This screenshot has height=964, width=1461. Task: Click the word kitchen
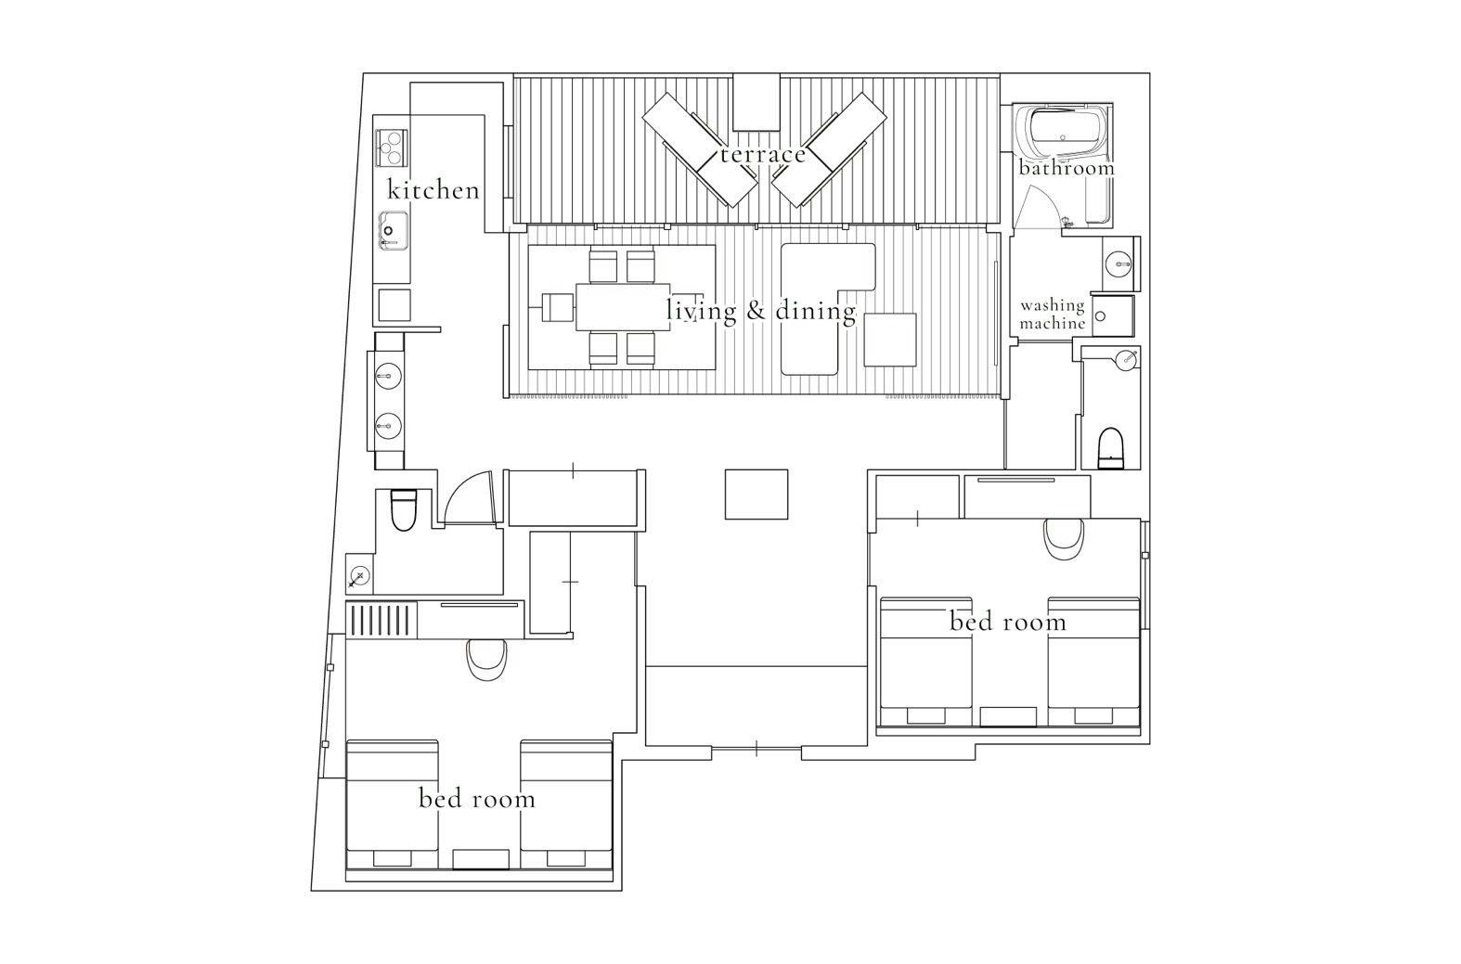[x=433, y=189]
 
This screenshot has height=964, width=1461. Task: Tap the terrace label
[x=763, y=154]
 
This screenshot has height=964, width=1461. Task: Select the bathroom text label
[x=1067, y=168]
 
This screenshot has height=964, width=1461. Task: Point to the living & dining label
[x=761, y=310]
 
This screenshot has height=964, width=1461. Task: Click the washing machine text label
[x=1053, y=315]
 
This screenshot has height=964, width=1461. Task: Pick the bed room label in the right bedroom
[x=1008, y=622]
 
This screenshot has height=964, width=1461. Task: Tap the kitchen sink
[x=394, y=230]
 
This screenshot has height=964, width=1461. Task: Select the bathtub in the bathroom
[x=1063, y=133]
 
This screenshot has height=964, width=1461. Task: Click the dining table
[x=623, y=306]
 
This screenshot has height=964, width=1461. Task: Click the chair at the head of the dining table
[x=558, y=308]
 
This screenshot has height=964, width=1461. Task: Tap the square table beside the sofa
[x=890, y=340]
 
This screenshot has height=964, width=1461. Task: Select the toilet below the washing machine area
[x=1111, y=448]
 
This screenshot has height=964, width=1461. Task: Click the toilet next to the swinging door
[x=404, y=509]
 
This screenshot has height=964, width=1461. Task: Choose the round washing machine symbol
[x=1100, y=316]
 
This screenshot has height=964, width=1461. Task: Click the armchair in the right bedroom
[x=1064, y=539]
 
